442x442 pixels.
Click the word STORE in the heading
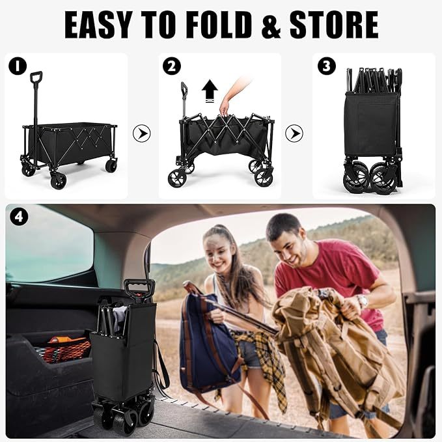click(x=334, y=25)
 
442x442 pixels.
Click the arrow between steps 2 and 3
click(x=294, y=133)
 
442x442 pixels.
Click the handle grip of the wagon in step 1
click(x=36, y=77)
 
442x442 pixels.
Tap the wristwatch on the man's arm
click(x=362, y=301)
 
